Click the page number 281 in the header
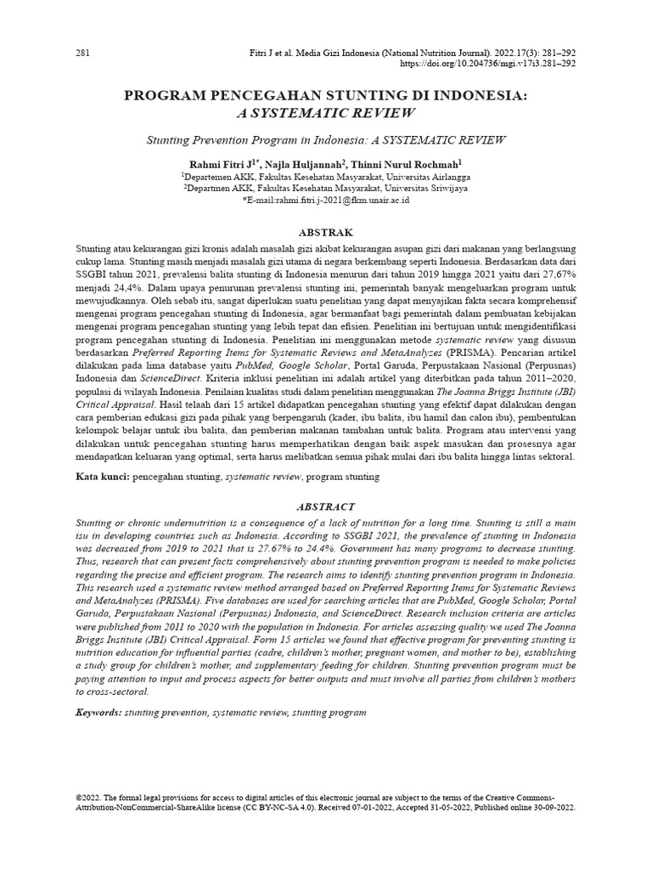click(83, 53)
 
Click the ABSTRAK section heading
click(326, 231)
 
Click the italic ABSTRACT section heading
click(326, 506)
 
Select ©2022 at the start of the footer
click(87, 799)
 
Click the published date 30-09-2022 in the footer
click(552, 808)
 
